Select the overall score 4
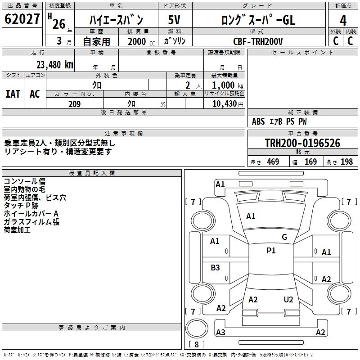tap(343, 20)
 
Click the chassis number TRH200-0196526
tap(302, 144)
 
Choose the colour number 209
tap(74, 104)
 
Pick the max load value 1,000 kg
tap(225, 85)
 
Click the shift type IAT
tap(13, 94)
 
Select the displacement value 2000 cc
tap(138, 42)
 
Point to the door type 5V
tap(175, 20)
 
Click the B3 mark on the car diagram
tap(216, 268)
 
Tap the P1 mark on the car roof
tap(271, 251)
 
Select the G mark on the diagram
tap(284, 237)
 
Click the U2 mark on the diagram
tap(288, 300)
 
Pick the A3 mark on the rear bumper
tap(220, 333)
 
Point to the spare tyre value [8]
tap(196, 344)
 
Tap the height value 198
tap(347, 162)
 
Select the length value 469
tap(273, 162)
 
